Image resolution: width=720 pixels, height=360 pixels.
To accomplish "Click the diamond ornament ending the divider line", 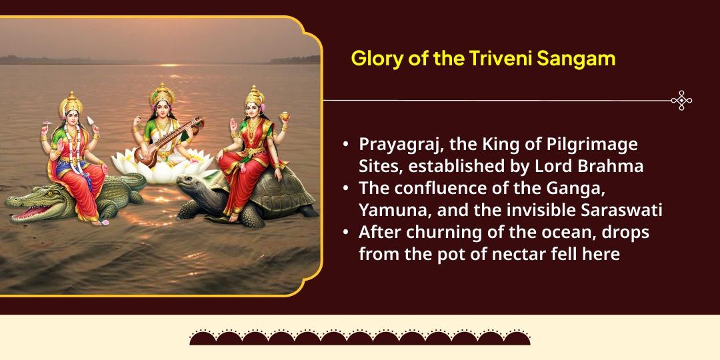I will pos(681,101).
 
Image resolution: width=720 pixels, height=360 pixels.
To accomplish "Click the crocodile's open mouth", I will pos(25,212).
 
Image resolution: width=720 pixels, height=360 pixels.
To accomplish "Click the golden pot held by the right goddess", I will pos(285,118).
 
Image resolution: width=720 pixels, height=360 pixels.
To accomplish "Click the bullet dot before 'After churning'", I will pos(345,233).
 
